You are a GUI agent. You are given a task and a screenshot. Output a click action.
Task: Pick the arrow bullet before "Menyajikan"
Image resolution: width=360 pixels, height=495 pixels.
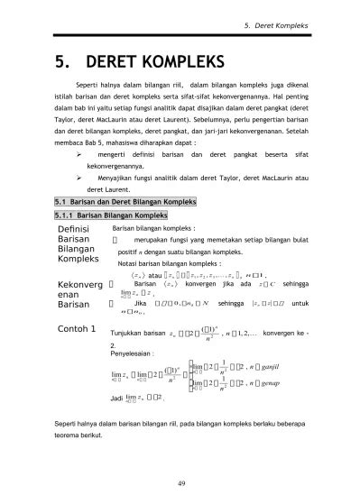[x=78, y=179]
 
